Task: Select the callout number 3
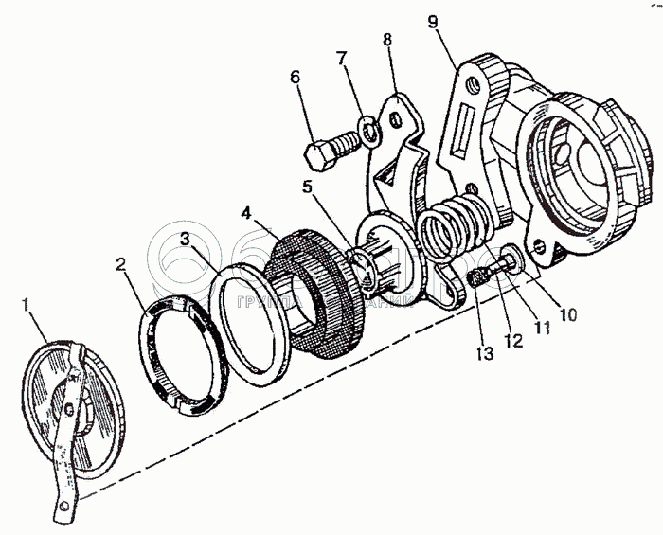187,237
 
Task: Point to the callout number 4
245,212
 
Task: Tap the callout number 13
484,354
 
